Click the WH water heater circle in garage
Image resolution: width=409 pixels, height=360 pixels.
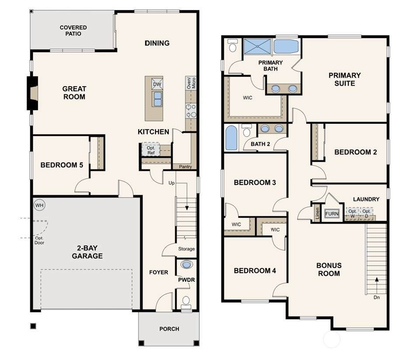point(39,205)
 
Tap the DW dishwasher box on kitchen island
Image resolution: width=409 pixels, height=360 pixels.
point(157,84)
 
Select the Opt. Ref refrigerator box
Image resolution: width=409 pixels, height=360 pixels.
point(150,150)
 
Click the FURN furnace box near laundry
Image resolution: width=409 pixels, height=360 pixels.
point(332,214)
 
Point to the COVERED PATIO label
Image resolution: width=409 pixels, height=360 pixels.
point(73,31)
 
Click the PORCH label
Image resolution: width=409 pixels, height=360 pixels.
point(169,329)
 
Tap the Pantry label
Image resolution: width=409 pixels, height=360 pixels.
point(185,166)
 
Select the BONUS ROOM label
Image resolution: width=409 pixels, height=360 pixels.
point(329,270)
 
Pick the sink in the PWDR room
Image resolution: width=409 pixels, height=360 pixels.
point(186,264)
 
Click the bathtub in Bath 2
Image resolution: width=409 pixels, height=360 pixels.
point(231,138)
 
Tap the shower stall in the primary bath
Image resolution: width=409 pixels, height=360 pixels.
point(257,46)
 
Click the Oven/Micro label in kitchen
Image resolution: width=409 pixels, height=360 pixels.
point(191,83)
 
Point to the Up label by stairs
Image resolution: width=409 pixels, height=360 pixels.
point(171,183)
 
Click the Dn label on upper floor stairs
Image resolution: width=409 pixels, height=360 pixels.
point(376,298)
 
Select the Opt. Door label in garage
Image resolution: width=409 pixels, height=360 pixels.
point(39,240)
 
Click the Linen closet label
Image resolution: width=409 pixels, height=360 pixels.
point(317,213)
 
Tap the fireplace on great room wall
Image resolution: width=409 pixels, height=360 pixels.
point(33,93)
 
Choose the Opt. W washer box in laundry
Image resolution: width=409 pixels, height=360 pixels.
point(352,213)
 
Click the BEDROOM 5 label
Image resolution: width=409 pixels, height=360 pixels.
point(62,165)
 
